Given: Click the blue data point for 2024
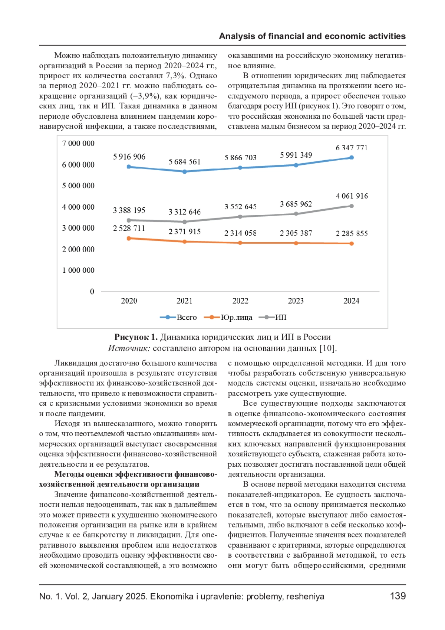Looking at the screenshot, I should [x=352, y=158].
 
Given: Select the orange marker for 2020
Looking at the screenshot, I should [x=129, y=238].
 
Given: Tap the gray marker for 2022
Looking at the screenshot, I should [x=240, y=217].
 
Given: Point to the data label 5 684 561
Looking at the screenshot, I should [x=184, y=162].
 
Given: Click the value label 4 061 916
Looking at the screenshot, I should [x=352, y=196].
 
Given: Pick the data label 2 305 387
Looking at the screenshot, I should [x=296, y=233].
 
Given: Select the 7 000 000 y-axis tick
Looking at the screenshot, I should [x=78, y=144].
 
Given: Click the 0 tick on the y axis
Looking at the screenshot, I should [x=92, y=292].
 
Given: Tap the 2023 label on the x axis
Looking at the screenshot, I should [x=296, y=301].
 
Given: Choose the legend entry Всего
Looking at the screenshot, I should [x=186, y=318].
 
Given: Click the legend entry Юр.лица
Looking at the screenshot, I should [x=236, y=318].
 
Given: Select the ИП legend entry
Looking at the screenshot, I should [x=280, y=318].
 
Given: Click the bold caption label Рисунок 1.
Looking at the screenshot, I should [x=136, y=337].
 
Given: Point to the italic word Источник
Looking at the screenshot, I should [x=129, y=348].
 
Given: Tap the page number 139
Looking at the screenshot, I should [x=398, y=596].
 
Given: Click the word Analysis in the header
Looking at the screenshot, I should [x=237, y=36].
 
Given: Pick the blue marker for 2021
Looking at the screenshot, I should [x=184, y=172].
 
